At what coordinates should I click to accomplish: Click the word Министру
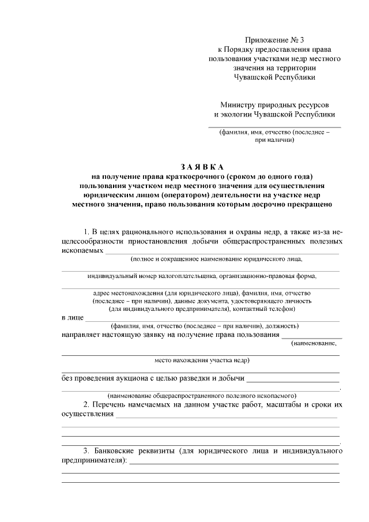click(239, 105)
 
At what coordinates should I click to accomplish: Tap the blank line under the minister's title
click(274, 126)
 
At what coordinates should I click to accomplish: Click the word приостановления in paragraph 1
click(153, 242)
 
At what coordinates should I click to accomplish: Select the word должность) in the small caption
click(279, 325)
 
